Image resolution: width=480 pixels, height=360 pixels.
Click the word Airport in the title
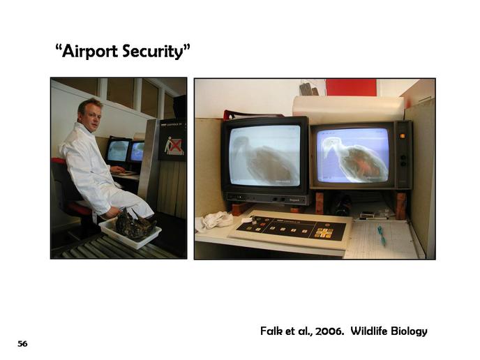point(90,51)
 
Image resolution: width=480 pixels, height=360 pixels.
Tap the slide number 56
point(22,344)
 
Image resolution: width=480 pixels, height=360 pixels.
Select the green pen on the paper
point(382,235)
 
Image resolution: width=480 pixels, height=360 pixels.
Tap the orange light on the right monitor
point(403,136)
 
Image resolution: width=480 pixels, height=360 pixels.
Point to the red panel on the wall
point(351,87)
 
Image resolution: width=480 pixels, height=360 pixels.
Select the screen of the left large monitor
point(265,155)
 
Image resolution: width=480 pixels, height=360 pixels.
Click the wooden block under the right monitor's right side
point(400,206)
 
